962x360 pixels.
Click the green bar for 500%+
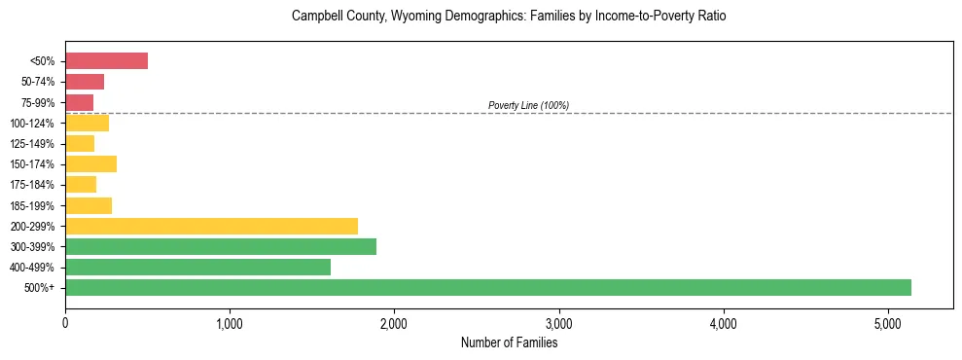[x=487, y=287]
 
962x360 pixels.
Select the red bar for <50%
[x=106, y=61]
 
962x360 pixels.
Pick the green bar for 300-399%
[x=221, y=246]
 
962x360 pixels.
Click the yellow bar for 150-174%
[x=90, y=163]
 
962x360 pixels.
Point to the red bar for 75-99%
[x=79, y=102]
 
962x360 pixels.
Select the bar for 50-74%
[x=85, y=82]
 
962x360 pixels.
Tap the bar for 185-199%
[x=89, y=205]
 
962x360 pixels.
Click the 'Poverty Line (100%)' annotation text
[x=528, y=105]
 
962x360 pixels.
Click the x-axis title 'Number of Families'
[x=509, y=342]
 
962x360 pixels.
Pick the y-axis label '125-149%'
[x=32, y=144]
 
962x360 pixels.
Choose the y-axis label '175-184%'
[x=32, y=185]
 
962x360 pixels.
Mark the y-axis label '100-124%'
[x=32, y=124]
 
